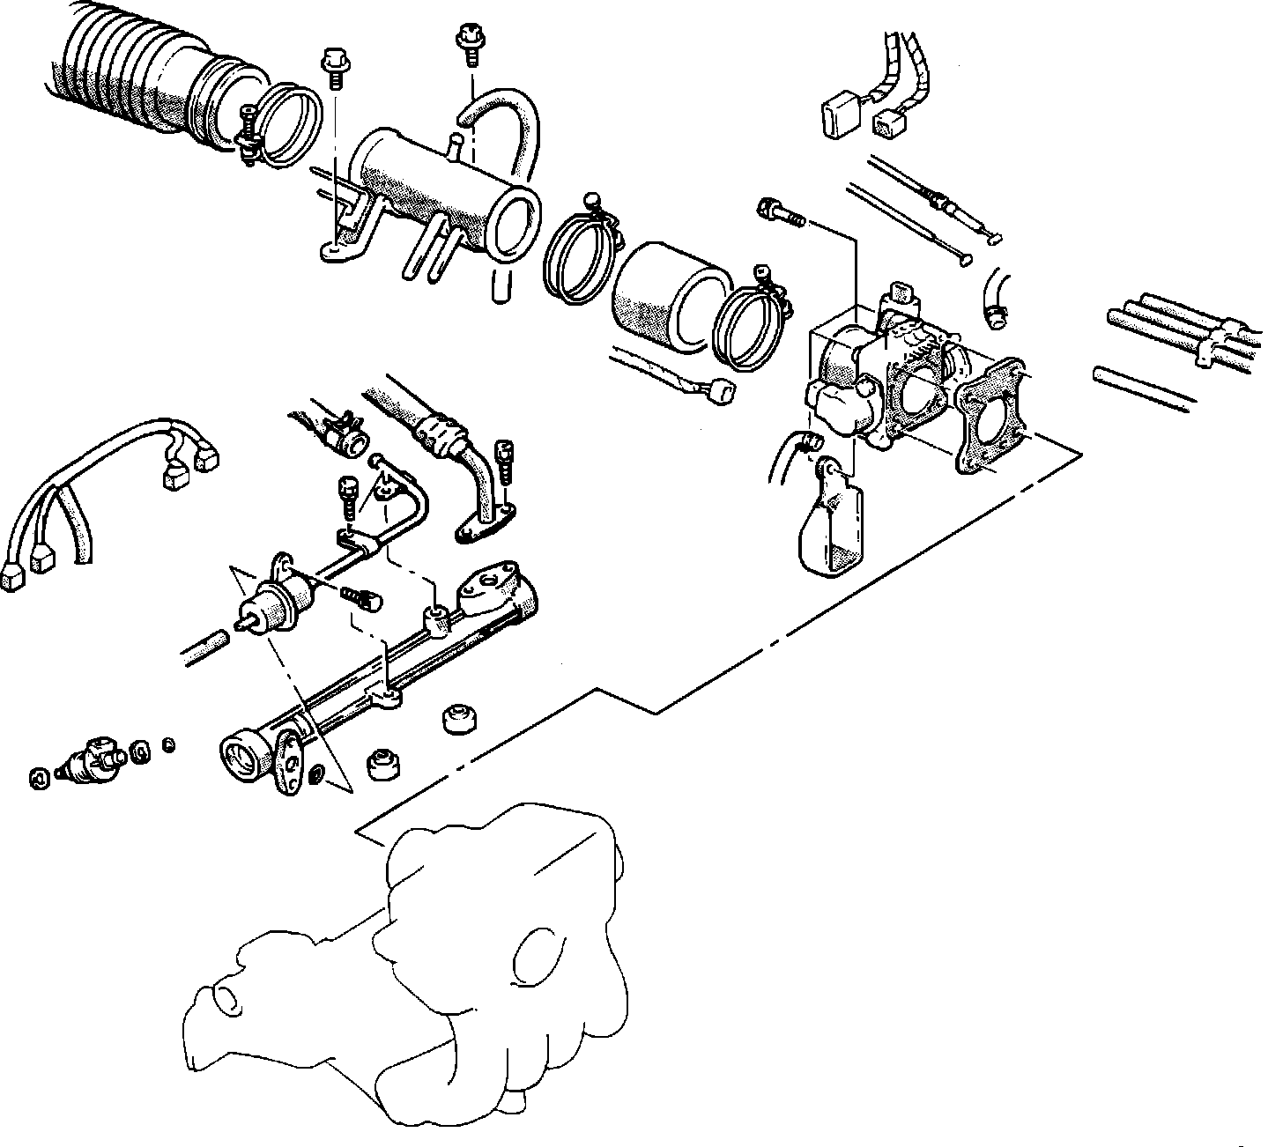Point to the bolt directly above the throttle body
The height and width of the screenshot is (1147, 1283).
coord(781,212)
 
